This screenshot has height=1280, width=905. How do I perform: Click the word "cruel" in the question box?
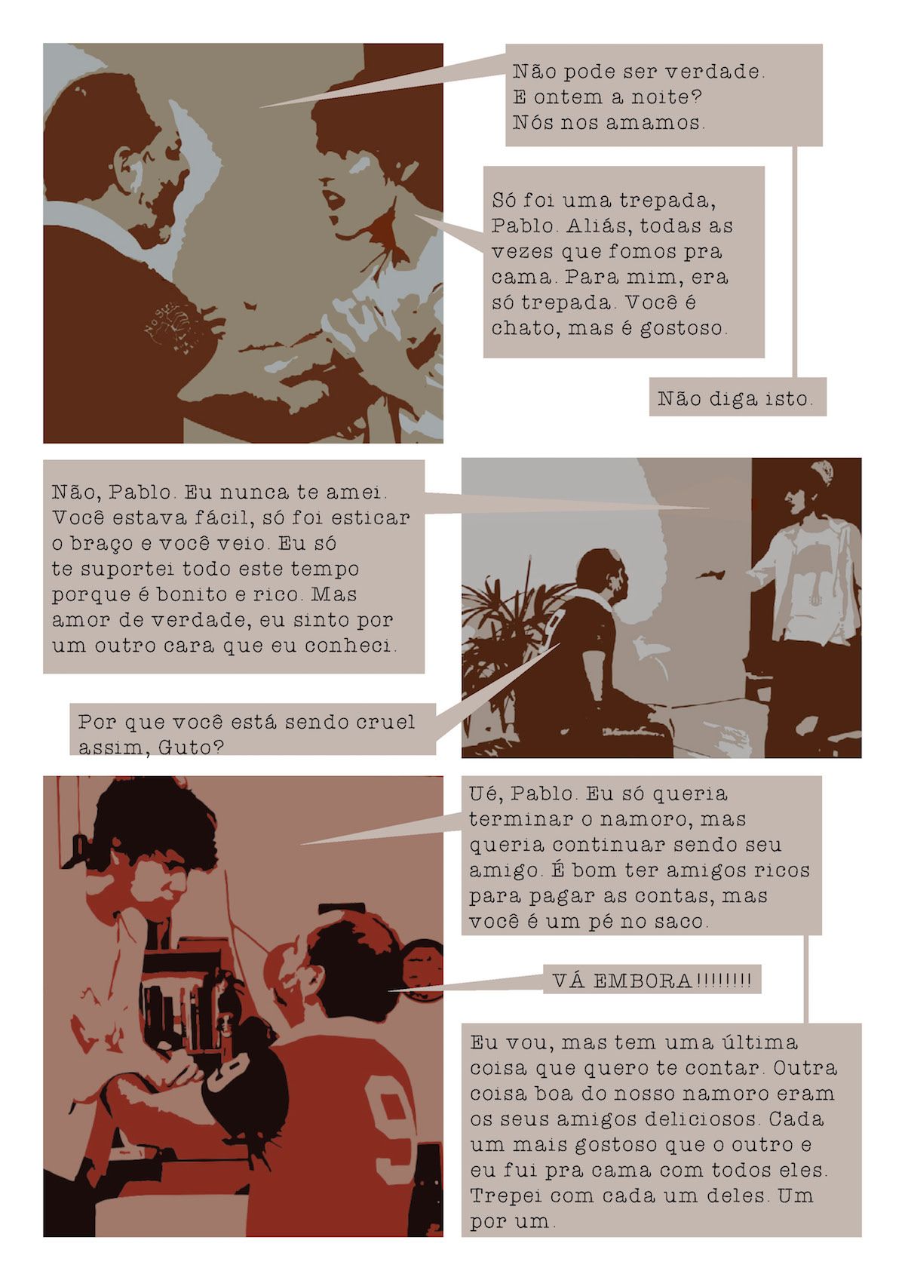click(x=385, y=722)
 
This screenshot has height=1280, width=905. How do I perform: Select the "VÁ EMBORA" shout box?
click(x=652, y=980)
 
